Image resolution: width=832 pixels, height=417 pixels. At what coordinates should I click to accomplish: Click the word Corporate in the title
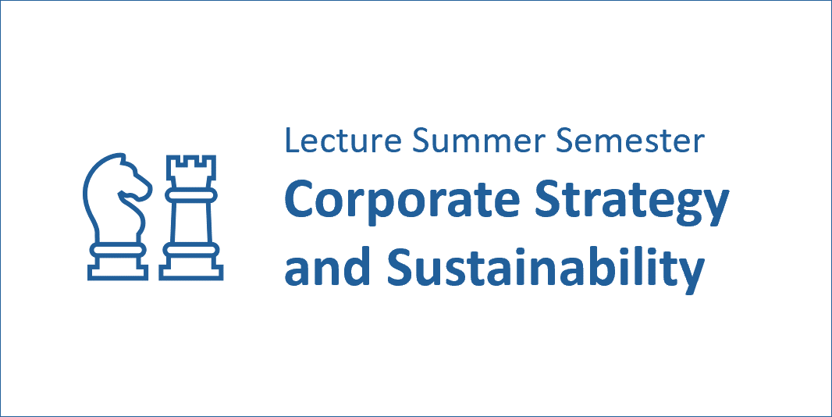[402, 199]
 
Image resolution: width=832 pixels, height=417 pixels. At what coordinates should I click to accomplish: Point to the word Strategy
[631, 203]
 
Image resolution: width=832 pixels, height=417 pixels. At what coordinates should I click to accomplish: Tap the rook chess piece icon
[191, 218]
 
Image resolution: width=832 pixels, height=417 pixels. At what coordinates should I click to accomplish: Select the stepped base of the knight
[118, 267]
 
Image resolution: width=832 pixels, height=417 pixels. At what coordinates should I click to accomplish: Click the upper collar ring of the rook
[191, 195]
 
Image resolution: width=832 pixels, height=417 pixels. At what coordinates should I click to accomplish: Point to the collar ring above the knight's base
[118, 250]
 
